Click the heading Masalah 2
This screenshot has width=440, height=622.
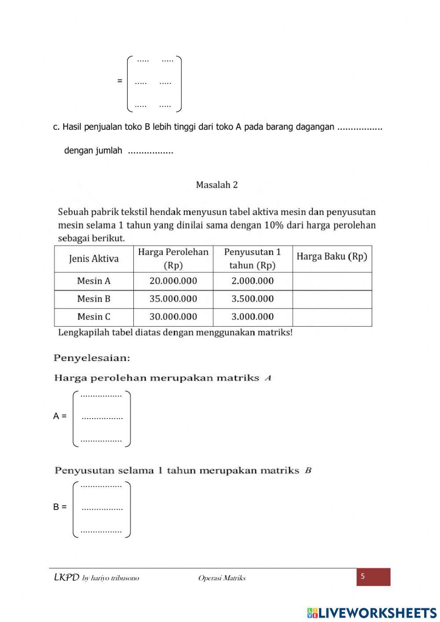point(216,185)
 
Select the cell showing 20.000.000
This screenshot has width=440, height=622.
point(173,281)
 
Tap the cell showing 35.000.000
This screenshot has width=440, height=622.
point(173,299)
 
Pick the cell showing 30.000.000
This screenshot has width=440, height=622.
point(173,317)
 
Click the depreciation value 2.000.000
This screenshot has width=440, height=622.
point(253,281)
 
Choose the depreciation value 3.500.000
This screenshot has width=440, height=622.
point(253,299)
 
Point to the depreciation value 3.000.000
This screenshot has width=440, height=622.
point(253,317)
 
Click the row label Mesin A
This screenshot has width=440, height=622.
point(94,281)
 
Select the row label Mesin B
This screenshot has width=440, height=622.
point(94,299)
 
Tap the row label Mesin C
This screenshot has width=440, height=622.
point(94,317)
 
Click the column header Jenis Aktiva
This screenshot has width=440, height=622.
point(94,259)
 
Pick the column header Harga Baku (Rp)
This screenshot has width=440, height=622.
point(332,257)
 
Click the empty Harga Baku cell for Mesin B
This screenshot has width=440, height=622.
point(332,299)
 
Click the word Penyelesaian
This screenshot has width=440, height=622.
point(92,358)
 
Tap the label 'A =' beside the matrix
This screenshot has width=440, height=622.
point(60,416)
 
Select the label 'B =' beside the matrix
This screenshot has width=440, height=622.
point(60,507)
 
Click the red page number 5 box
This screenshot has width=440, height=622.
point(373,577)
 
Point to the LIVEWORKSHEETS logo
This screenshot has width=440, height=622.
point(372,613)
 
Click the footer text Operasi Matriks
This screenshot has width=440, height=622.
point(222,578)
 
